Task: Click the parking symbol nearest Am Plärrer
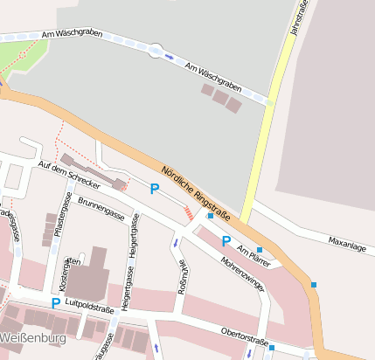(x=226, y=241)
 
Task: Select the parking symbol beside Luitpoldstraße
(x=55, y=303)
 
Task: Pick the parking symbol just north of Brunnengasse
(x=155, y=188)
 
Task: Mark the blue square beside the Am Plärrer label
(x=259, y=249)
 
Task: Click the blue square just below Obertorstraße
(x=272, y=349)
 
